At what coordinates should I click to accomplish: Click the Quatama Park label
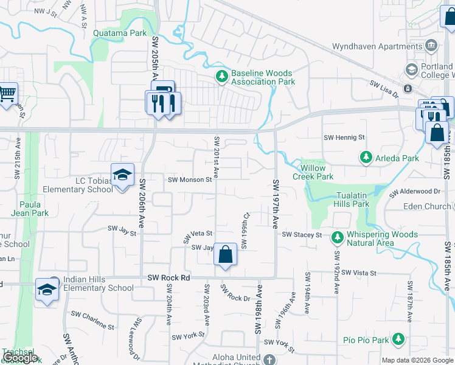pyautogui.click(x=120, y=33)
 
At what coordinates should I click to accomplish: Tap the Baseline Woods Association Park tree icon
pyautogui.click(x=222, y=77)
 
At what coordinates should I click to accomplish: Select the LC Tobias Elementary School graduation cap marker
pyautogui.click(x=122, y=175)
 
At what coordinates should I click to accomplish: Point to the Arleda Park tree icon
pyautogui.click(x=366, y=158)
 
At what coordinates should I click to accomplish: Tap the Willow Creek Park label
pyautogui.click(x=313, y=172)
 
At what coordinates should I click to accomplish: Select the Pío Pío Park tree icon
pyautogui.click(x=398, y=338)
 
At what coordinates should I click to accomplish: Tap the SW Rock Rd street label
pyautogui.click(x=169, y=277)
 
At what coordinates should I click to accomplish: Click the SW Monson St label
pyautogui.click(x=190, y=179)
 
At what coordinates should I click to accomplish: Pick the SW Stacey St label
pyautogui.click(x=302, y=234)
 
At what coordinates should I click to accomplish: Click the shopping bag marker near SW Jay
pyautogui.click(x=225, y=255)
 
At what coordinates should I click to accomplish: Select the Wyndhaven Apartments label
pyautogui.click(x=377, y=46)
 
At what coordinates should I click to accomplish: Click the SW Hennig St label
pyautogui.click(x=344, y=138)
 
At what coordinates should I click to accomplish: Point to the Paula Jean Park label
pyautogui.click(x=33, y=209)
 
